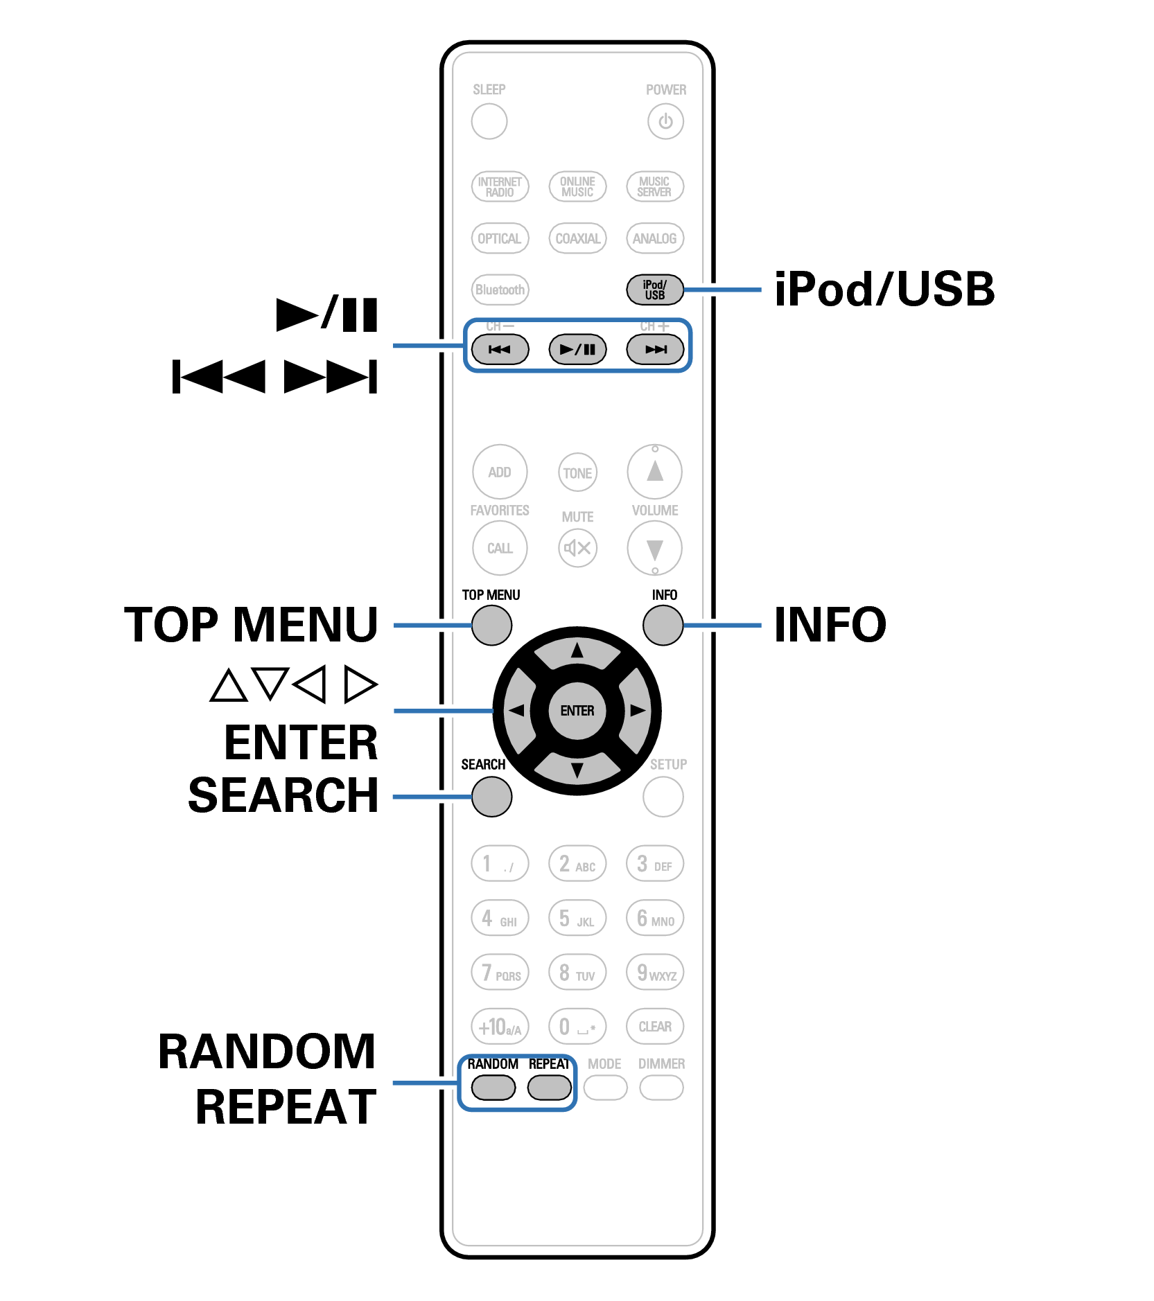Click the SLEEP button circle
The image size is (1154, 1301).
coord(489,121)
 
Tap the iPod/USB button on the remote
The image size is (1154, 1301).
coord(654,290)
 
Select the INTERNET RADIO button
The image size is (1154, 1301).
coord(500,186)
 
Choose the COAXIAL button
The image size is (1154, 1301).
coord(577,238)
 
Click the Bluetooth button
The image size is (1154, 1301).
coord(500,290)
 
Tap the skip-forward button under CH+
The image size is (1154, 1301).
coord(655,349)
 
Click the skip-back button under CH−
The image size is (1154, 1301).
coord(500,349)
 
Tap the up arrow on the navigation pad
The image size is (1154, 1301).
coord(577,651)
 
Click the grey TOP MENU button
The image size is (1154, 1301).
coord(491,625)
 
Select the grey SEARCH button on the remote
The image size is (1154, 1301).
coord(491,797)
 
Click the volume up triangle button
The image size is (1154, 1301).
coord(654,472)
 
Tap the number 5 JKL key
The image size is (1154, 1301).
coord(577,919)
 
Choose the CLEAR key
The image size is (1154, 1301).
coord(655,1026)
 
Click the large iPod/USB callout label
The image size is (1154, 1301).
coord(884,289)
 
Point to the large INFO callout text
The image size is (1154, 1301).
coord(830,624)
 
